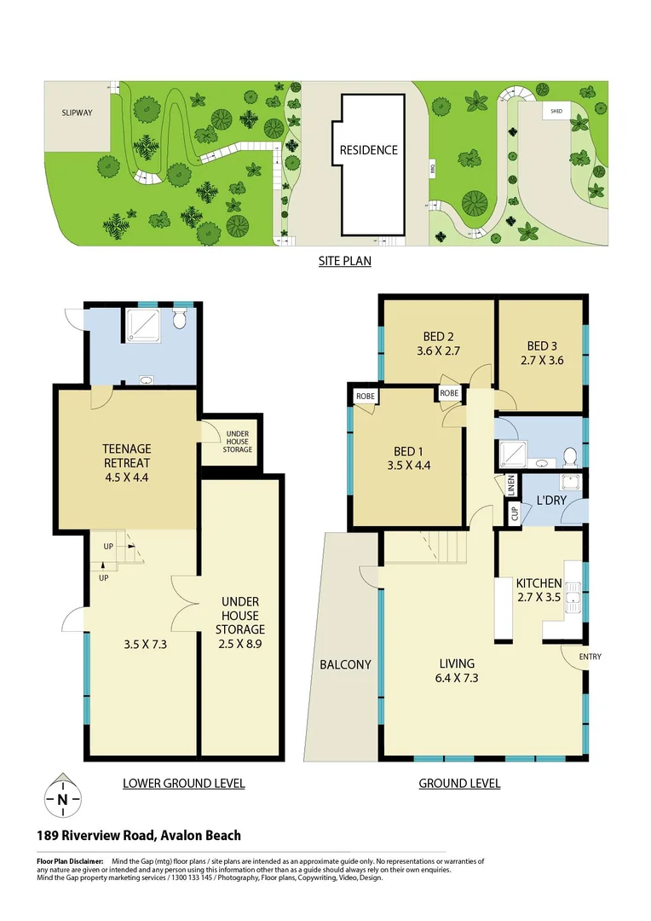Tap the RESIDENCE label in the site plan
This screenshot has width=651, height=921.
pos(368,150)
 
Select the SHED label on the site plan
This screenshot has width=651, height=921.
pos(556,111)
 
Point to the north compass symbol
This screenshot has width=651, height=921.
pos(62,799)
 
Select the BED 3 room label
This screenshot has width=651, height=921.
pos(541,345)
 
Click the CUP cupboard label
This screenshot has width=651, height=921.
pos(514,513)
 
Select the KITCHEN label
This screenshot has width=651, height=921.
pos(539,583)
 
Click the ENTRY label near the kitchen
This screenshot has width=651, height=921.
pos(590,657)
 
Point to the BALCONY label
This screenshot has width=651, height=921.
pos(346,664)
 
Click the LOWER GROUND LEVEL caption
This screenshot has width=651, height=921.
pos(183,783)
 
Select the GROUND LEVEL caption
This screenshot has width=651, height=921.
pos(459,783)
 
